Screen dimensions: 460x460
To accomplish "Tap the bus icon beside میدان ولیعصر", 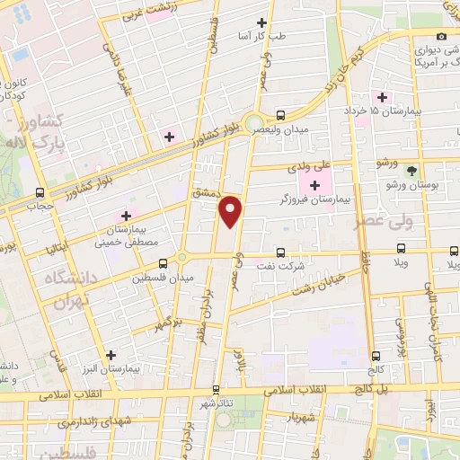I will click(281, 114).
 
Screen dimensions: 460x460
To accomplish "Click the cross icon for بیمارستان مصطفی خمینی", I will click(126, 216).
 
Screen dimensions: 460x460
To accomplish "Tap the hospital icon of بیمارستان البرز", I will click(111, 355).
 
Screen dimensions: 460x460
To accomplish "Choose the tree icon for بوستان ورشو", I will click(411, 170).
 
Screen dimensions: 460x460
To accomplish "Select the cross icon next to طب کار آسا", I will click(261, 22).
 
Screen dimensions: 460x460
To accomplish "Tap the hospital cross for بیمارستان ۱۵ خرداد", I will click(381, 96).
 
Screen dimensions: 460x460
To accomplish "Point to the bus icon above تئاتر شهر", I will click(216, 390).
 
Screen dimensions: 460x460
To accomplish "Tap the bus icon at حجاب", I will click(40, 192).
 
